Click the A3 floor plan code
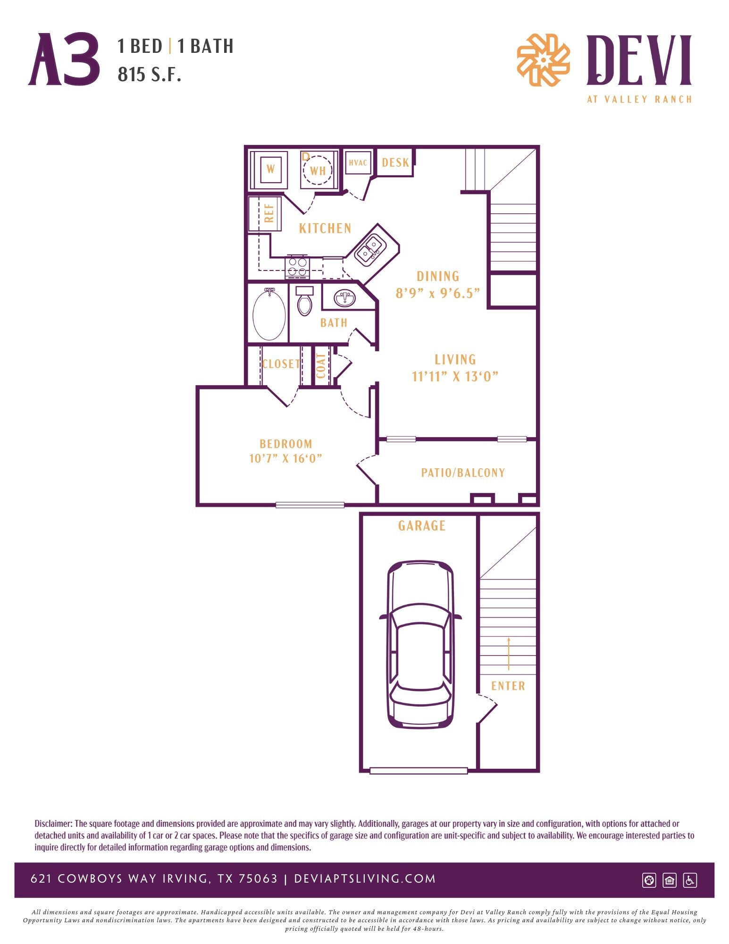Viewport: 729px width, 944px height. pyautogui.click(x=64, y=60)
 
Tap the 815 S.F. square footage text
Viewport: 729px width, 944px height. pyautogui.click(x=149, y=75)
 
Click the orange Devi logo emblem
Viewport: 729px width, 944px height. pyautogui.click(x=543, y=60)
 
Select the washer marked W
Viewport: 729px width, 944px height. pyautogui.click(x=270, y=169)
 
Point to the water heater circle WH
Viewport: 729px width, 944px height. pyautogui.click(x=318, y=170)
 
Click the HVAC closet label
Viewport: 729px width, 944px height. pyautogui.click(x=358, y=163)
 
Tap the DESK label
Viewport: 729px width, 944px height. pyautogui.click(x=395, y=163)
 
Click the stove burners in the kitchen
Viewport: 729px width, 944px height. pyautogui.click(x=297, y=267)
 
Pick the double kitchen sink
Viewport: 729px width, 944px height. pyautogui.click(x=370, y=250)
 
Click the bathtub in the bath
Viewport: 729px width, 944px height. pyautogui.click(x=269, y=314)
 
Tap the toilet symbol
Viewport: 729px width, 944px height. pyautogui.click(x=305, y=302)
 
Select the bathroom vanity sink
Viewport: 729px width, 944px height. pyautogui.click(x=345, y=298)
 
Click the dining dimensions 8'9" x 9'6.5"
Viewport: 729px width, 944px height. pyautogui.click(x=437, y=293)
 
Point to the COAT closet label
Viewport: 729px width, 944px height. pyautogui.click(x=321, y=366)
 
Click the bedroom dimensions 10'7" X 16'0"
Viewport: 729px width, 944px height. pyautogui.click(x=285, y=458)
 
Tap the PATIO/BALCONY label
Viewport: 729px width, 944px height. pyautogui.click(x=462, y=472)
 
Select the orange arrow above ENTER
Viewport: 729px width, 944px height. pyautogui.click(x=508, y=653)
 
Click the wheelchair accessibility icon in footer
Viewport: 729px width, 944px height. pyautogui.click(x=690, y=880)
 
